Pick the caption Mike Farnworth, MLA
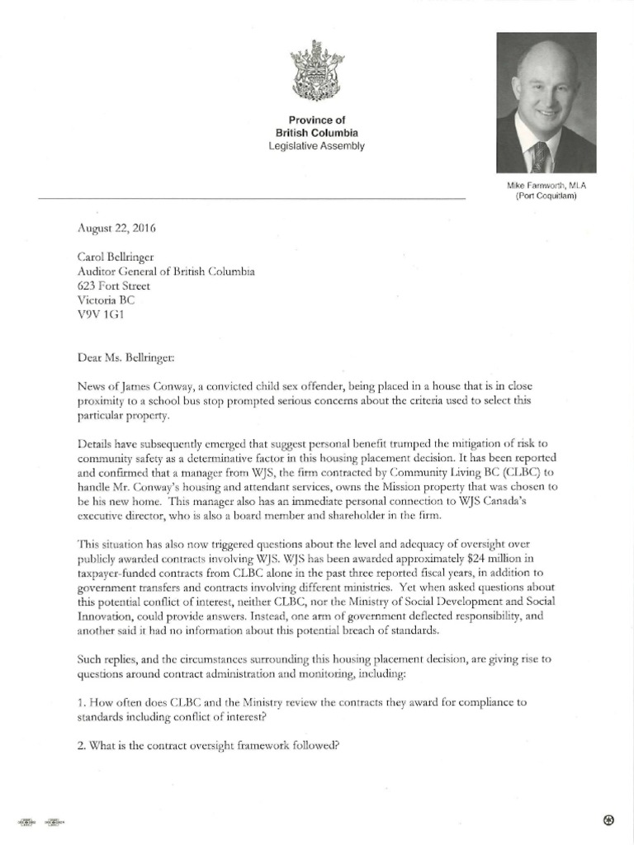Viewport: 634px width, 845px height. [x=546, y=186]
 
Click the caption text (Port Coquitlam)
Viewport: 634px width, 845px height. [x=546, y=197]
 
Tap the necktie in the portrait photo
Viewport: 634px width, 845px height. [x=540, y=156]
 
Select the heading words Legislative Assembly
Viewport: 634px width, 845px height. [x=316, y=146]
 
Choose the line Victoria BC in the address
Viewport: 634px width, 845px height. [x=105, y=300]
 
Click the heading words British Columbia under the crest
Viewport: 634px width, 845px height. [x=316, y=133]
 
